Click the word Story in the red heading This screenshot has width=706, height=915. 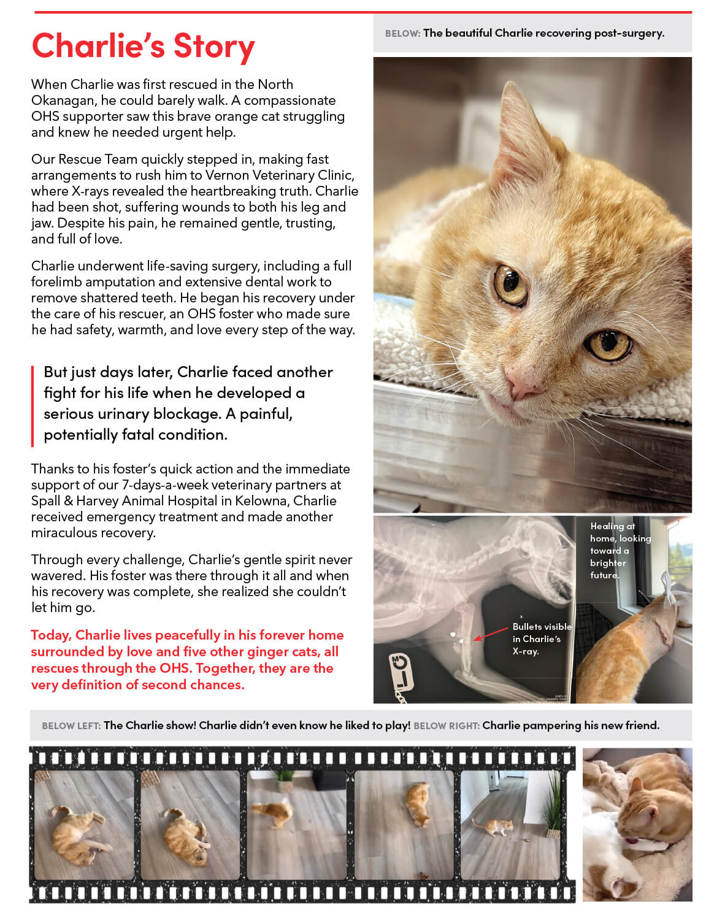(214, 47)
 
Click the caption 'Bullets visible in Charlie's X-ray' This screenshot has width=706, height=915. (542, 639)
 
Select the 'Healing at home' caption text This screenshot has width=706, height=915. (620, 550)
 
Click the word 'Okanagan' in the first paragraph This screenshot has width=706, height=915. (63, 101)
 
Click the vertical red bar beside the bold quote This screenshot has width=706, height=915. (33, 407)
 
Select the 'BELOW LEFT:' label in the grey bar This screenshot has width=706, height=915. (71, 725)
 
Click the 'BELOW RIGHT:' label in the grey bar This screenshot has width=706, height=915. (447, 725)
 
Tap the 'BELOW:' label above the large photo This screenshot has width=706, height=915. (402, 34)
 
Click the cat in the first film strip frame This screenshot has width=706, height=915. (80, 835)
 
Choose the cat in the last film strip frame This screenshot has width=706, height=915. (493, 827)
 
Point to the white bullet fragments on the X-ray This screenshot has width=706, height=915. (458, 637)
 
